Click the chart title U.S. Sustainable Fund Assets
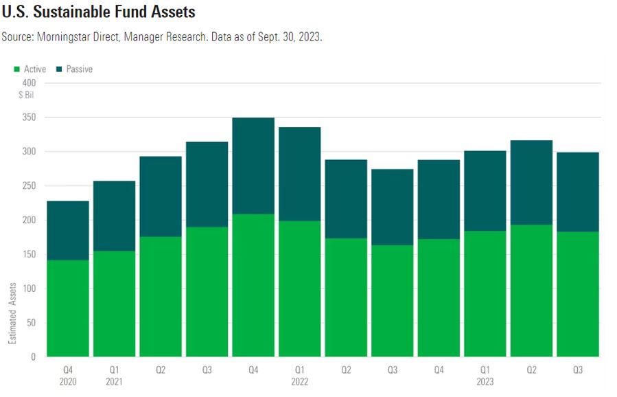[98, 12]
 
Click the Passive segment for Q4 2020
[67, 230]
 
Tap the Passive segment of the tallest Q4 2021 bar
[253, 166]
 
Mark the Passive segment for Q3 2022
[393, 207]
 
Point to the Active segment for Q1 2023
[486, 293]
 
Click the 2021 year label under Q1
[114, 382]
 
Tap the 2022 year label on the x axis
[300, 382]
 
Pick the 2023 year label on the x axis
[486, 382]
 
